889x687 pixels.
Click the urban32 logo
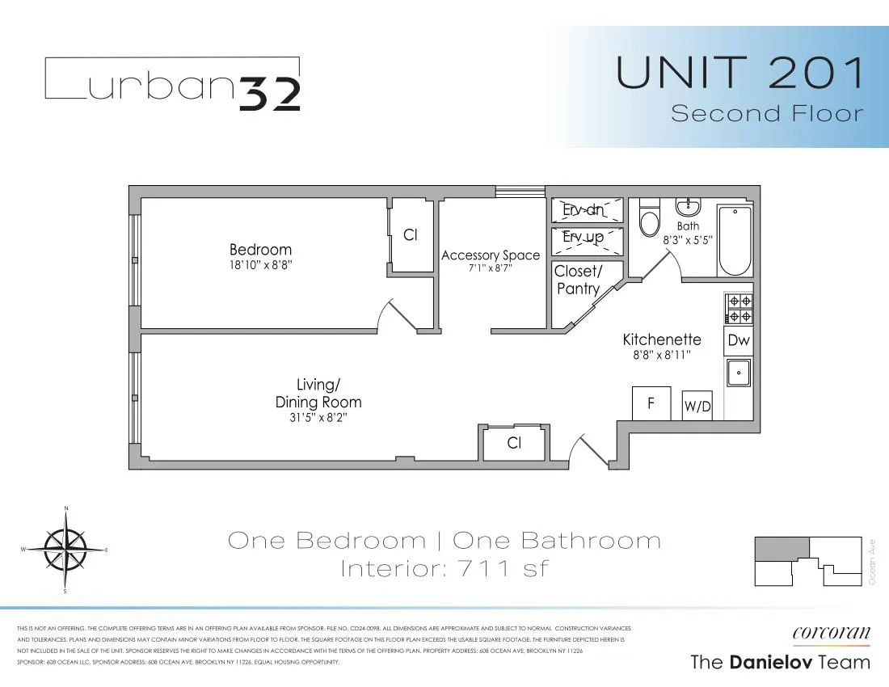click(x=172, y=84)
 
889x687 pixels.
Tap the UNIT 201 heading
click(x=739, y=72)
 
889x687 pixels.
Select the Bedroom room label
click(x=260, y=250)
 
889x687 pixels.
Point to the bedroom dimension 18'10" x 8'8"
click(x=260, y=264)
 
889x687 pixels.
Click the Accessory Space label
click(x=491, y=255)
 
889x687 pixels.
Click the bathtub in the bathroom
click(x=735, y=240)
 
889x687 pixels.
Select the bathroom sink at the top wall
click(x=689, y=205)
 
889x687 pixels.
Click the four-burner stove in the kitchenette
click(x=739, y=309)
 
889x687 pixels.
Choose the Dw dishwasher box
click(x=739, y=340)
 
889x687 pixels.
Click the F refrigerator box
click(x=651, y=403)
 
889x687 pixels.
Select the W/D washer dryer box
click(x=697, y=406)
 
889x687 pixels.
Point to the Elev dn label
click(x=588, y=210)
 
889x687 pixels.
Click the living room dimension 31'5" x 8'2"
click(x=318, y=418)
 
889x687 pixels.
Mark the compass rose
click(x=65, y=550)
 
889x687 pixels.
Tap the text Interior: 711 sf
click(x=444, y=568)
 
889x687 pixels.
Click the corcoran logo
click(x=831, y=634)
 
